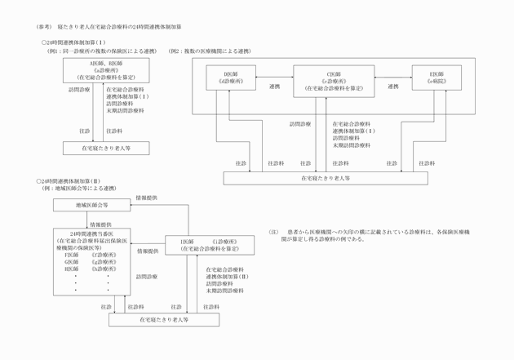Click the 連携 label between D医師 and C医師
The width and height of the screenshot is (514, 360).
273,85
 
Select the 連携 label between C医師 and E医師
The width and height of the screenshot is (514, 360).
392,85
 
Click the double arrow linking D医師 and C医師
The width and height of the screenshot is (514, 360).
275,75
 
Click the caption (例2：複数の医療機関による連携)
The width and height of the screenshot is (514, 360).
210,51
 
